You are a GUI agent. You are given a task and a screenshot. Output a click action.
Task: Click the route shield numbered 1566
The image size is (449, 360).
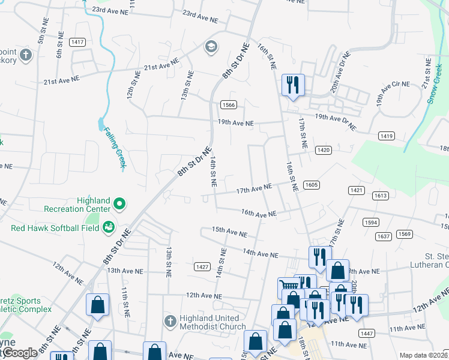[228, 105]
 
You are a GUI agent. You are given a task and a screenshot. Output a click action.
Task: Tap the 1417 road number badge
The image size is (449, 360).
[77, 42]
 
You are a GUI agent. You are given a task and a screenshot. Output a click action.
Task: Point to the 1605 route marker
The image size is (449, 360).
[311, 185]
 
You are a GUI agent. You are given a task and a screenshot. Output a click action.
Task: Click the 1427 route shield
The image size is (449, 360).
[202, 266]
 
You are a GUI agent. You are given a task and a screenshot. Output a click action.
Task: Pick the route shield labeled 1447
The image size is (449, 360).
[366, 333]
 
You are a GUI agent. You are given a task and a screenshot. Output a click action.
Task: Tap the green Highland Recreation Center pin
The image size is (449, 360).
[119, 205]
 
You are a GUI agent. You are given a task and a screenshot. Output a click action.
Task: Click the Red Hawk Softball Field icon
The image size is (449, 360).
[109, 227]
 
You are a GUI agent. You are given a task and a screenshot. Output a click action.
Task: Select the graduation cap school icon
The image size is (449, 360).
[211, 46]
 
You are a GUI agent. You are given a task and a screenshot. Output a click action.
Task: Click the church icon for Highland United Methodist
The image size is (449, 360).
[170, 319]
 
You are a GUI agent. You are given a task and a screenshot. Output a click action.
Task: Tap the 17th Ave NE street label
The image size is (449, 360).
[254, 190]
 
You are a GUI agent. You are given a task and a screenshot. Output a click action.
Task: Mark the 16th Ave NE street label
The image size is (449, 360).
[259, 213]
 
